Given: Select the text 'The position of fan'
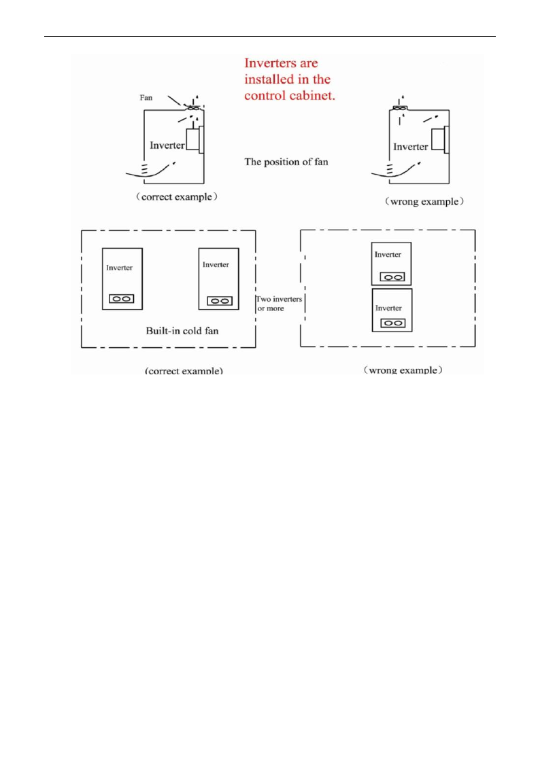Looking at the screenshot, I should [x=286, y=162].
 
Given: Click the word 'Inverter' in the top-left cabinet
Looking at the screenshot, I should [x=166, y=145].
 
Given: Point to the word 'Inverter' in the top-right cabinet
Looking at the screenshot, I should [x=411, y=147].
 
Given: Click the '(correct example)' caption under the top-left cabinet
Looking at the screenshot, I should [x=175, y=198].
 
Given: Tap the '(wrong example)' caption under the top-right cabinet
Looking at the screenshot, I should [x=424, y=202].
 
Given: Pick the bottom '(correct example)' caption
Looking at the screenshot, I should [x=184, y=371].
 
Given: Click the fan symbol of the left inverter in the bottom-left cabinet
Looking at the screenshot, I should [x=122, y=299].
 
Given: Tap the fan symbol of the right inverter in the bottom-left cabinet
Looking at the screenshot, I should [x=218, y=300].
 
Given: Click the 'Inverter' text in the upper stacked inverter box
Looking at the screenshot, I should [x=388, y=255].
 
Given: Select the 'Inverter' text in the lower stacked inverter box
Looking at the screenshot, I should [x=389, y=308].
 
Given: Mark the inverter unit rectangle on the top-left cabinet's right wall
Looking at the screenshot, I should [x=192, y=140].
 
